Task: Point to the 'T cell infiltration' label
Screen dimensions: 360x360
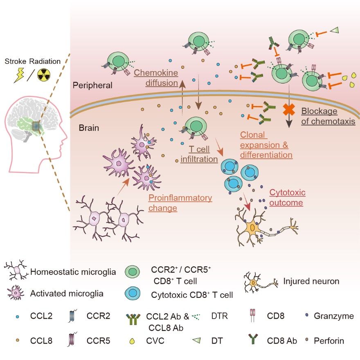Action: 199,154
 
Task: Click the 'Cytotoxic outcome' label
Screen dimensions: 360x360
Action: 287,197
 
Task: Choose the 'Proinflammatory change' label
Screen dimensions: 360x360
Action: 180,203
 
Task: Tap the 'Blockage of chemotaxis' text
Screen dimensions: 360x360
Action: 328,116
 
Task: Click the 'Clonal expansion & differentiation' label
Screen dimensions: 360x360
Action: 266,145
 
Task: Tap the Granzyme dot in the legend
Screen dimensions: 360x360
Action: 307,315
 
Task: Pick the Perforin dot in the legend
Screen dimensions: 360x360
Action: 307,340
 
